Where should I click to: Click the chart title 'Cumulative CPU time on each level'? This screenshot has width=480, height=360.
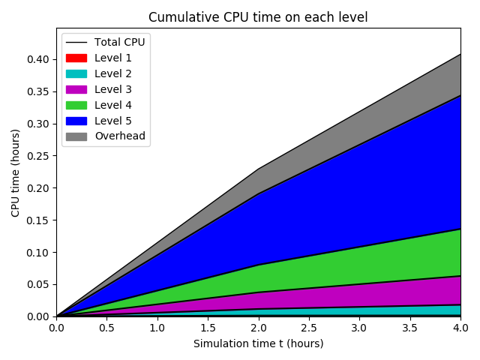point(258,17)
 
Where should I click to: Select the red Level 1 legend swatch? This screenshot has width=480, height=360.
point(76,58)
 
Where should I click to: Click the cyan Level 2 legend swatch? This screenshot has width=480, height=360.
point(76,73)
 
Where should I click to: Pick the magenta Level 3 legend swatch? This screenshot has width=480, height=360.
point(76,89)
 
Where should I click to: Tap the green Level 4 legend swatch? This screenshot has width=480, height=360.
point(76,105)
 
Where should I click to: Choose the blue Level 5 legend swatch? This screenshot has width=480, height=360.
point(76,121)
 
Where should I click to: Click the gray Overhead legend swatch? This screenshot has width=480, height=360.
point(76,136)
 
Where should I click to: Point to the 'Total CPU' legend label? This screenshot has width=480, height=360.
point(119,42)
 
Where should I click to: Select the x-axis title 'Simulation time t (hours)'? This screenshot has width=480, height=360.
point(258,343)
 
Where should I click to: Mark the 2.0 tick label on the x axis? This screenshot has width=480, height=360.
point(258,328)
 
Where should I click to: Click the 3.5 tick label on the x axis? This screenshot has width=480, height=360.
point(409,328)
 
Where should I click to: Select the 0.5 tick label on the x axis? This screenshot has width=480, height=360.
point(106,328)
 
